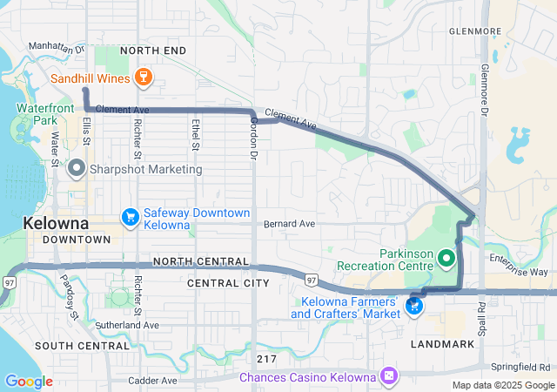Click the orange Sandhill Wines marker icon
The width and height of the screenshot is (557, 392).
[x=145, y=78]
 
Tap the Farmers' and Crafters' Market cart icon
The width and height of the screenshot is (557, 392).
[x=414, y=307]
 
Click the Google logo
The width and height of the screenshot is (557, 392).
[x=28, y=382]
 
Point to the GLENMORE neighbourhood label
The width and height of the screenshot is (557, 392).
[x=475, y=31]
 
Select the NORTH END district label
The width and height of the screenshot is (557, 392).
[x=153, y=51]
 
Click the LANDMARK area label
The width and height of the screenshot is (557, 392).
[x=446, y=344]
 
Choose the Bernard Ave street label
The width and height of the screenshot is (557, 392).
[x=289, y=224]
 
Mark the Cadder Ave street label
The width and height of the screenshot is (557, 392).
[x=152, y=381]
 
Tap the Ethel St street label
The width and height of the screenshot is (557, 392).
[x=196, y=135]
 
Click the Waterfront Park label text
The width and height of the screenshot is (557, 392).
[x=40, y=115]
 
